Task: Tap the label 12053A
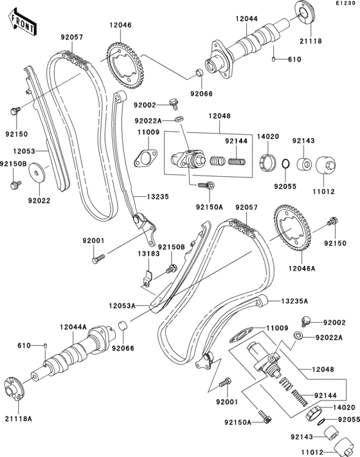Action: tap(122, 307)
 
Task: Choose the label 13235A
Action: tap(293, 301)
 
